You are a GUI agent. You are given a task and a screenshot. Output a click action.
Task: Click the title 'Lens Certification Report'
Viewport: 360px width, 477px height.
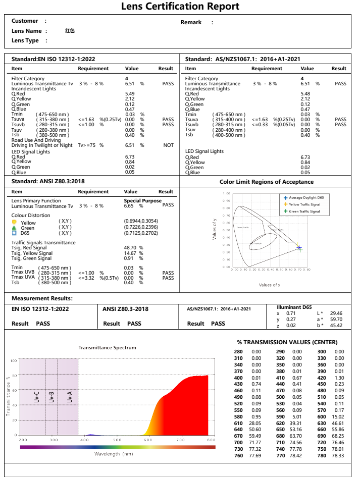coord(180,7)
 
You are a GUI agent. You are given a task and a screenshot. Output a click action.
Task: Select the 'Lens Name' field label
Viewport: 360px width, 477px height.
coord(26,31)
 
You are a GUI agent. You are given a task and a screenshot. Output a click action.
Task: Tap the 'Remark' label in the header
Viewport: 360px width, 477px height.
coord(191,22)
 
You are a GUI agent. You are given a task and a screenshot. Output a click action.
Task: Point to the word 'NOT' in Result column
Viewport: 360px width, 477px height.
coord(169,145)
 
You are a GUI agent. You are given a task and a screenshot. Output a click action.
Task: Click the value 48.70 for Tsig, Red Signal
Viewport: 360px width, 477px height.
coord(131,248)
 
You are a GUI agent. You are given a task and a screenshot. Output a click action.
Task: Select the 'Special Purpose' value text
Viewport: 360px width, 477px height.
coord(142,201)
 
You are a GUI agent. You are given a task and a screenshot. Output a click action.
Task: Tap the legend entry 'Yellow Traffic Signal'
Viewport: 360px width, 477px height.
coord(304,204)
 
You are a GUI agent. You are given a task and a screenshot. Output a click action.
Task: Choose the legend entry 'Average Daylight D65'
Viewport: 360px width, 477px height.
coord(304,197)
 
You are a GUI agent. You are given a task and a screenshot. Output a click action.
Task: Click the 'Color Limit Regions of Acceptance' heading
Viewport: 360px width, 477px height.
coord(266,182)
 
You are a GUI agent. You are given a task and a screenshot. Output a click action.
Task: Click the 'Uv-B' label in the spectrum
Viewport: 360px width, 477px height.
coord(52,397)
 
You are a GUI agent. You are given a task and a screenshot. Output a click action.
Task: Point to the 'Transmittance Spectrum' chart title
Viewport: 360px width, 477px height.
coord(107,348)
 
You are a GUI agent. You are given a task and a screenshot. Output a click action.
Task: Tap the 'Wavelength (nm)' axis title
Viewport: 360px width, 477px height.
coord(114,454)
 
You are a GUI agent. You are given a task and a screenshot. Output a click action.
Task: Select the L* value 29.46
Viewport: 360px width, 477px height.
coord(336,313)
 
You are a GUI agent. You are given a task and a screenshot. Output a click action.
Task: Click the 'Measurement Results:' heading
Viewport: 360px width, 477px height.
coord(42,298)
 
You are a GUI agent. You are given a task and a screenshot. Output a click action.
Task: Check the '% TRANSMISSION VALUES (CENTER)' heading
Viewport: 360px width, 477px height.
coord(287,342)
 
